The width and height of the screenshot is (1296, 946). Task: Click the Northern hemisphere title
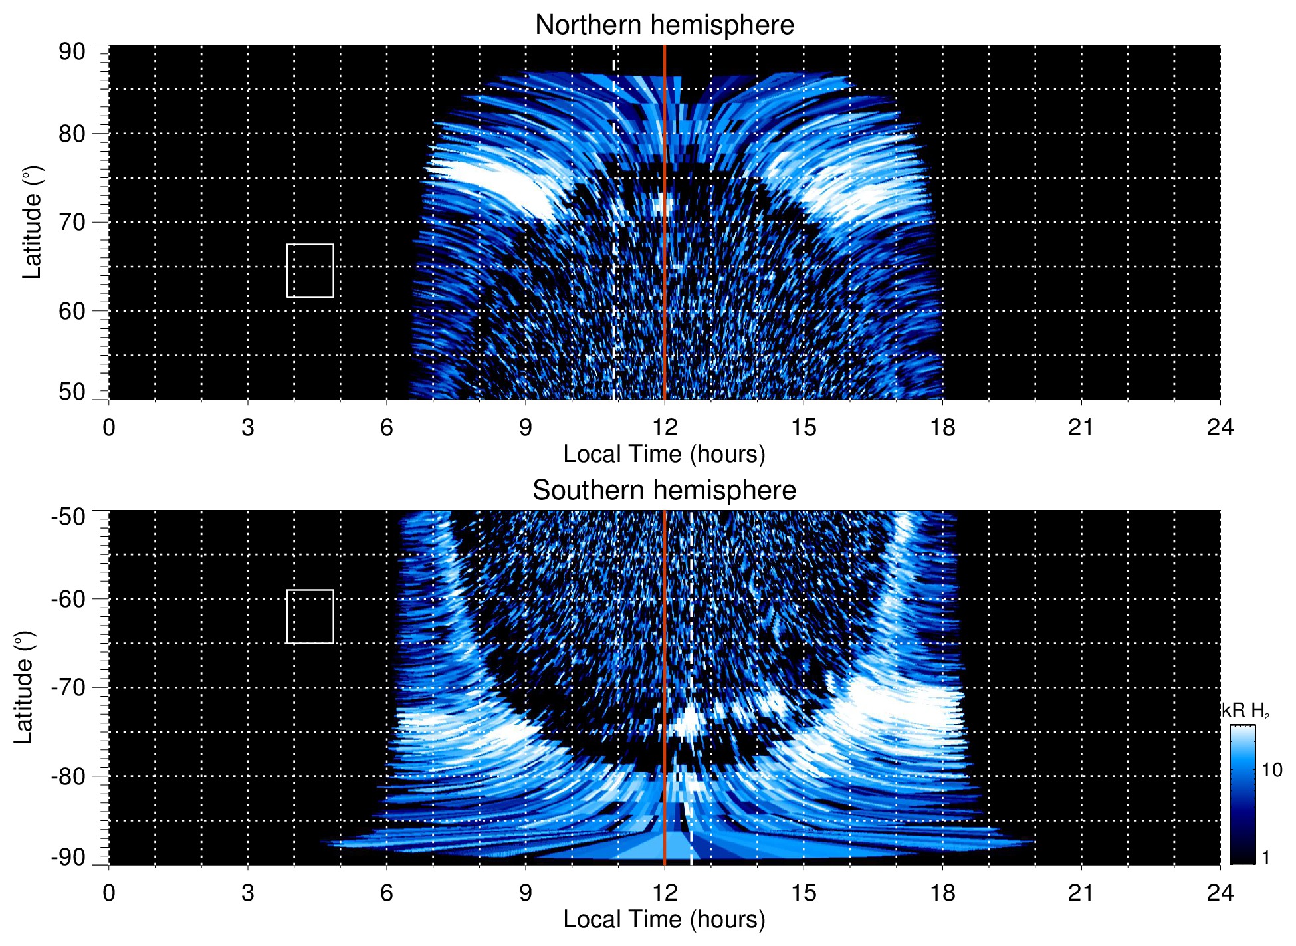(x=664, y=25)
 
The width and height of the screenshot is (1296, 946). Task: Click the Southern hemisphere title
(x=664, y=491)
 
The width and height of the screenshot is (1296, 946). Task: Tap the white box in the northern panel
(x=310, y=271)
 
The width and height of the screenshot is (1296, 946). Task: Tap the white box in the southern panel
(x=310, y=616)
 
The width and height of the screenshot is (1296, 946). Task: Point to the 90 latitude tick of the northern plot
(x=72, y=52)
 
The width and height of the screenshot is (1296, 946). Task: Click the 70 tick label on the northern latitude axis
(x=72, y=222)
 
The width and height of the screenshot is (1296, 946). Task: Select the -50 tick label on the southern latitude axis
(x=68, y=517)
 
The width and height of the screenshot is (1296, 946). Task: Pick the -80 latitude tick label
(x=68, y=776)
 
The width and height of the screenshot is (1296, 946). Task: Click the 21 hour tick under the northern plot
(x=1081, y=427)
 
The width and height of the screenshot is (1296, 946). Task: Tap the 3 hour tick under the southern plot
(x=248, y=893)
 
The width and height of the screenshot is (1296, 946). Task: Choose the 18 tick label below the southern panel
(x=942, y=893)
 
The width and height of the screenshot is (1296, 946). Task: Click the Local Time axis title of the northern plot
(x=664, y=454)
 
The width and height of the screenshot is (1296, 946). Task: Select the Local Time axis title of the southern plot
(x=664, y=919)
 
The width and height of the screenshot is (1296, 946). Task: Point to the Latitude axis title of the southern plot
(x=24, y=687)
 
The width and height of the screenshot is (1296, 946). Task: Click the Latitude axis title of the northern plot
(x=32, y=222)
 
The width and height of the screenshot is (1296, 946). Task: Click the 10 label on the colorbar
(x=1271, y=770)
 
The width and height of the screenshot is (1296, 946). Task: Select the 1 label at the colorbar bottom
(x=1265, y=858)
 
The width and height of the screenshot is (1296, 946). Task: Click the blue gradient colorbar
(x=1242, y=794)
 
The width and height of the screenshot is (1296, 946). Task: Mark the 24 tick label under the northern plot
(x=1220, y=427)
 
